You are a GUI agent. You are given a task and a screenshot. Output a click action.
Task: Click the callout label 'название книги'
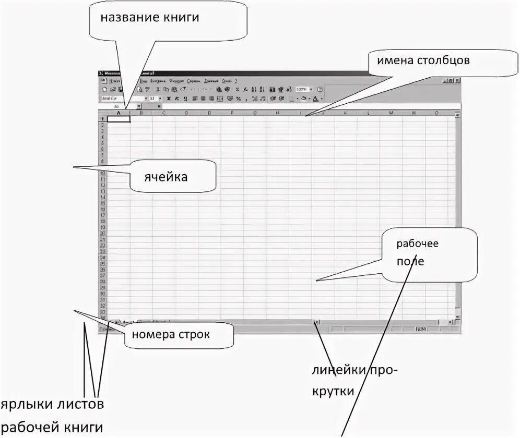pos(150,18)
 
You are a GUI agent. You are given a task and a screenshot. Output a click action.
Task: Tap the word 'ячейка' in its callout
pos(166,177)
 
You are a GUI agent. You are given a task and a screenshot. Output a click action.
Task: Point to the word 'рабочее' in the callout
pos(417,244)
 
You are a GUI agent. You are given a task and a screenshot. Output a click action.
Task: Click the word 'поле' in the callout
pos(410,261)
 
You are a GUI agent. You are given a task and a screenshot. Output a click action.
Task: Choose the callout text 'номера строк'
pos(171,334)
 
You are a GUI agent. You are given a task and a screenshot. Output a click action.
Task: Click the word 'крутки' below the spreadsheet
pos(334,391)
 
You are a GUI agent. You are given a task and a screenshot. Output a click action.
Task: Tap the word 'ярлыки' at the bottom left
pos(22,405)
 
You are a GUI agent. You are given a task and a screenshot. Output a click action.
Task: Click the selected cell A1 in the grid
pos(119,119)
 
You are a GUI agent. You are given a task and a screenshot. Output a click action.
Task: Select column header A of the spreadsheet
pos(119,113)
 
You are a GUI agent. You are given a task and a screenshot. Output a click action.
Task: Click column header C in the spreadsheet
pos(164,113)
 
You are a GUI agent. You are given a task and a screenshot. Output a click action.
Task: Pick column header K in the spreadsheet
pos(346,113)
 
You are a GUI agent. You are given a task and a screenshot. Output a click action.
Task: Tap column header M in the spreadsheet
pos(391,113)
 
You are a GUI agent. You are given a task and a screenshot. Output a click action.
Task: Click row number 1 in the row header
pos(102,119)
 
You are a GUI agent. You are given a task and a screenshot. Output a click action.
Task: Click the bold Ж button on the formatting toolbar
pos(169,98)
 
